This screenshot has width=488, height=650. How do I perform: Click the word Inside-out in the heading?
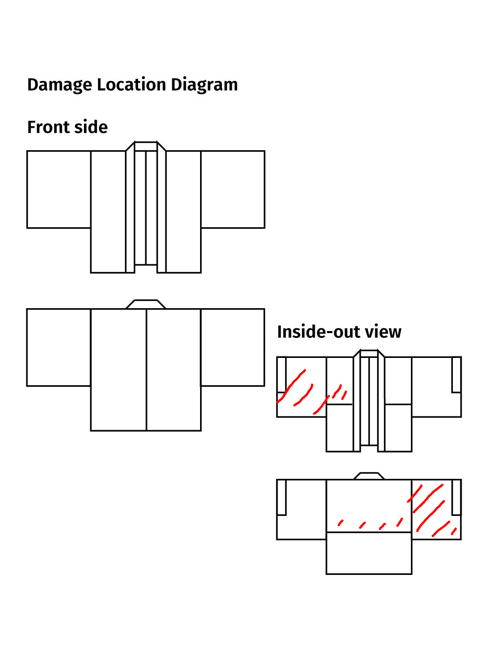[319, 332]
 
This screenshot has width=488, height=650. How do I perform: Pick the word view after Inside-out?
[383, 332]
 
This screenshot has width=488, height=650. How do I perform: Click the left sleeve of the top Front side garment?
[59, 190]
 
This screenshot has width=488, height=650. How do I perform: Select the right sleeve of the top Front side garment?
[233, 190]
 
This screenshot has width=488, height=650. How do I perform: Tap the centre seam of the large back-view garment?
[146, 370]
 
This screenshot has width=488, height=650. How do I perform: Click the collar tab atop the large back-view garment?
[146, 304]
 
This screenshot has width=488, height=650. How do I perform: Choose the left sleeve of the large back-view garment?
[59, 347]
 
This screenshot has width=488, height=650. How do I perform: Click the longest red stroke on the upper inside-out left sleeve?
[291, 386]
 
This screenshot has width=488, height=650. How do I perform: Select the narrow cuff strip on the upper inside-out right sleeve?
[457, 375]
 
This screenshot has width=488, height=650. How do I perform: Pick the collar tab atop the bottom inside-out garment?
[369, 476]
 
